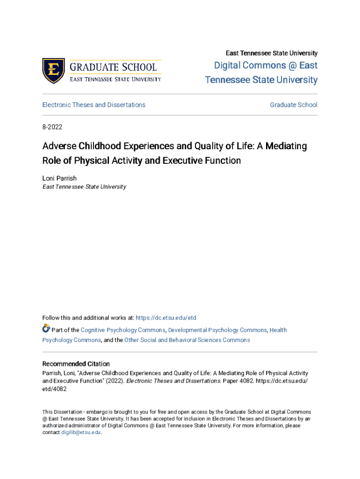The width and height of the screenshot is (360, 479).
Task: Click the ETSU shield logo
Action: (x=53, y=71)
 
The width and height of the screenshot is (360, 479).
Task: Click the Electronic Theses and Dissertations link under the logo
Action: (x=94, y=105)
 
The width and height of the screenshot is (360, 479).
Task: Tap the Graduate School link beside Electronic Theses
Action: (x=293, y=105)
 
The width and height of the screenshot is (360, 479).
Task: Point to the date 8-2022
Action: (x=52, y=127)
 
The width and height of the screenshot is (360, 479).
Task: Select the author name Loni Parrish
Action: (x=59, y=178)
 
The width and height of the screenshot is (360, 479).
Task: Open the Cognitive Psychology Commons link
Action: (x=123, y=330)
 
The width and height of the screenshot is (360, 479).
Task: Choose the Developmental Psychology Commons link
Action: (x=217, y=330)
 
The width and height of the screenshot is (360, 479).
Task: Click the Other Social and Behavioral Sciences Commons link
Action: (x=187, y=340)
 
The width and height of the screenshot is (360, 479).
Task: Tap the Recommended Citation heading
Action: (x=76, y=363)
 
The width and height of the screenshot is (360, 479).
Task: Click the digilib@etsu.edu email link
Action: (x=81, y=432)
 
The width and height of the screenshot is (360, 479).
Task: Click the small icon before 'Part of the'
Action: (x=46, y=329)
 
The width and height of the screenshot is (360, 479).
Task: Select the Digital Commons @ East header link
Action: (x=266, y=65)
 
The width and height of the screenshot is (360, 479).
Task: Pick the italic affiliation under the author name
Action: (x=84, y=187)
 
